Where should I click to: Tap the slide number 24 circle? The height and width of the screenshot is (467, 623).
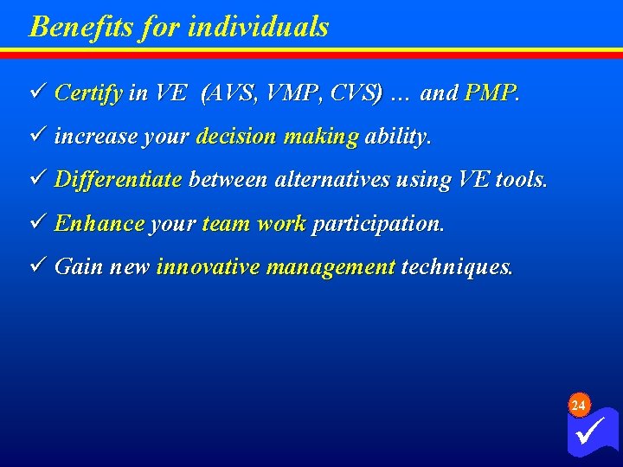580,406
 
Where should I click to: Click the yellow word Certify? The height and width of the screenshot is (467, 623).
88,93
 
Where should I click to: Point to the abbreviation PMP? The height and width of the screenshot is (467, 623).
490,93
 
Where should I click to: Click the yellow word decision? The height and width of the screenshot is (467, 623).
236,137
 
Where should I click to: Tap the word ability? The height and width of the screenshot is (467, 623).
396,137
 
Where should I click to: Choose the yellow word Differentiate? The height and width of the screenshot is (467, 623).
118,180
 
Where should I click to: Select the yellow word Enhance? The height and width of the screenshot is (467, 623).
99,224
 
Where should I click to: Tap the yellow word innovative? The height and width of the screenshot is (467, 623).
208,267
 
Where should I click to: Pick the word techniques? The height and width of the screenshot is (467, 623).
457,267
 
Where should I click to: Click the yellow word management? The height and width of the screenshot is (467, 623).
331,267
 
